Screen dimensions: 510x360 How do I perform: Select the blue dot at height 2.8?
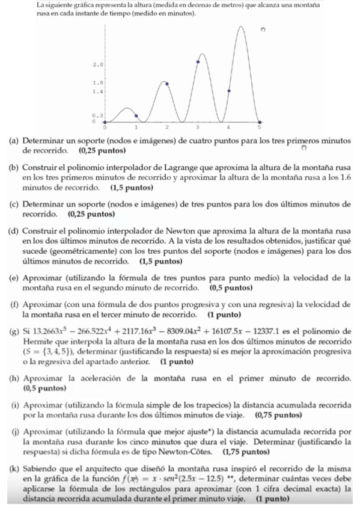pos(198,62)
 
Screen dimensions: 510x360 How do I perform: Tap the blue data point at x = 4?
pos(229,91)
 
